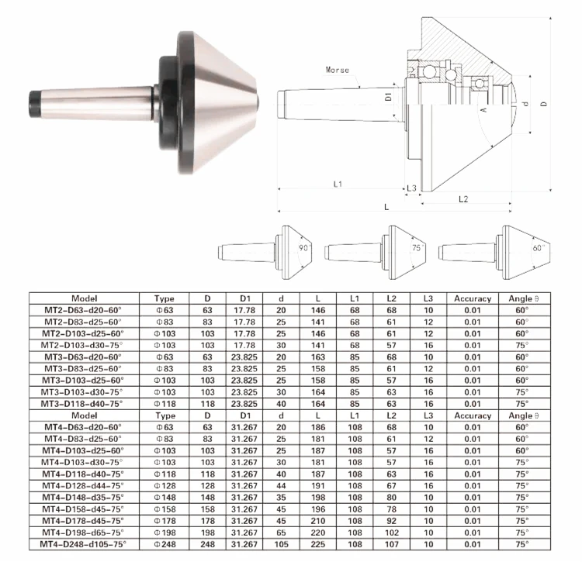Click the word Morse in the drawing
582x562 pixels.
337,70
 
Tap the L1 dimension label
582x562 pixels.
338,184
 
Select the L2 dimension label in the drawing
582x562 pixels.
463,199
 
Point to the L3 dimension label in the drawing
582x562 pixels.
411,188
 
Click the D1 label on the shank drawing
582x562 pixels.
388,97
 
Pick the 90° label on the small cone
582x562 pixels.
304,247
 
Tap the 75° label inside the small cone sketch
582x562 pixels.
417,247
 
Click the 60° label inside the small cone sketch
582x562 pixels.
539,247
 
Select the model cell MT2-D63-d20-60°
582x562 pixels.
83,310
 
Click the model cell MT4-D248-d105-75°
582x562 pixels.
83,544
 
